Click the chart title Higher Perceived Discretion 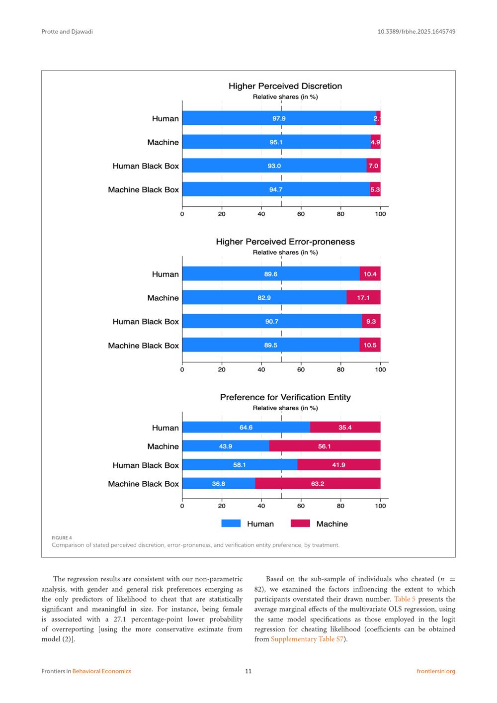click(x=285, y=86)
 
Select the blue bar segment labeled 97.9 click(x=279, y=118)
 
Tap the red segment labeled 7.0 click(x=373, y=166)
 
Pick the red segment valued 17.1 click(x=363, y=298)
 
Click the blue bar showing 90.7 click(x=272, y=321)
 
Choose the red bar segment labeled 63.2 click(x=318, y=484)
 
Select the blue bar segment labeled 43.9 click(x=226, y=446)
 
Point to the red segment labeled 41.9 click(x=338, y=465)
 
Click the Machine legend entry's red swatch click(x=300, y=524)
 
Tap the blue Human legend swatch click(x=231, y=524)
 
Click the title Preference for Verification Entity click(x=285, y=397)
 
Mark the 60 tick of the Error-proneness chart click(x=301, y=369)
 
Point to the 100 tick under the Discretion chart click(x=380, y=214)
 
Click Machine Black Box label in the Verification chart click(x=143, y=484)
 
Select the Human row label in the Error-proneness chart click(x=165, y=274)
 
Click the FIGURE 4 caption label click(x=62, y=537)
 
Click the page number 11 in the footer click(x=248, y=671)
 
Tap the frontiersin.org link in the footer click(x=436, y=671)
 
